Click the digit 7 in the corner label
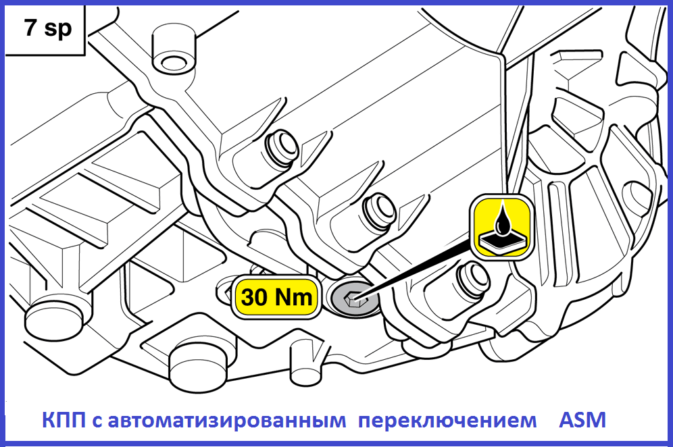30,29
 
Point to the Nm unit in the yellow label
293,297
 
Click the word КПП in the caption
64,420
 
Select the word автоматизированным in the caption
226,421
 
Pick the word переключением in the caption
448,421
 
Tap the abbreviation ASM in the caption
582,420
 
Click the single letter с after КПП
97,422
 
